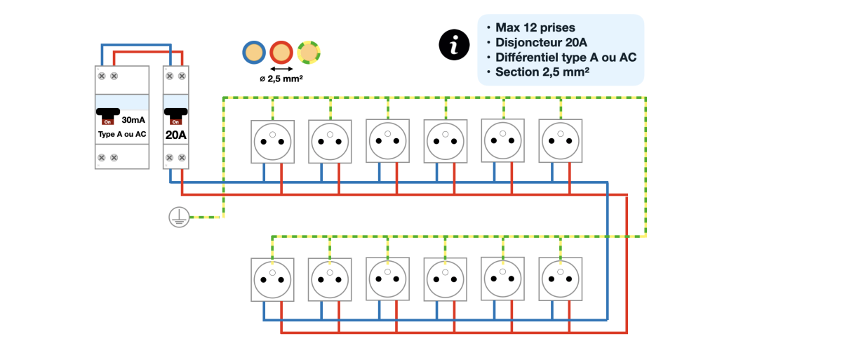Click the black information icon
coord(454,46)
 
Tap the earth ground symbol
coord(178,218)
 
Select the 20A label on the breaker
coord(175,134)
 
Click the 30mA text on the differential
coord(133,120)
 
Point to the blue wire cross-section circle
coord(254,52)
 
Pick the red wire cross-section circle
coord(281,52)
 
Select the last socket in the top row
coord(560,140)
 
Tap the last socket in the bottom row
coord(560,279)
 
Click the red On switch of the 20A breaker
coord(175,121)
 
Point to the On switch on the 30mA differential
coord(108,121)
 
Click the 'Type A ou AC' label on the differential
coord(122,133)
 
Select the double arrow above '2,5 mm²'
coord(281,68)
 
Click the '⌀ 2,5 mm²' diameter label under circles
coord(281,79)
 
